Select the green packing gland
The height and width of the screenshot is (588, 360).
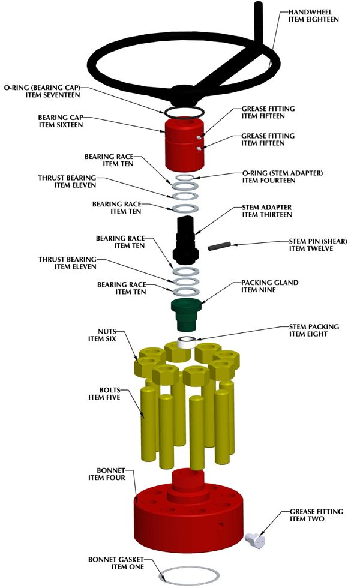click(x=186, y=315)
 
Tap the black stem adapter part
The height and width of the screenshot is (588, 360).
click(x=185, y=240)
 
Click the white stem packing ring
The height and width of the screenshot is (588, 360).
click(x=187, y=343)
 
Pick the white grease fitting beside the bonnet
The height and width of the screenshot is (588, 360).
click(x=255, y=539)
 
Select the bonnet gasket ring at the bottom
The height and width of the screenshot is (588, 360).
click(x=189, y=575)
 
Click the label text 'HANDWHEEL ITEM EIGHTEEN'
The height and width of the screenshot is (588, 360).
click(x=313, y=16)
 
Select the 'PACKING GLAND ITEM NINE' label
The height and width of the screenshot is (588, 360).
click(x=269, y=286)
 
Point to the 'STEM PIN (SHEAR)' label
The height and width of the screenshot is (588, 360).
click(x=318, y=241)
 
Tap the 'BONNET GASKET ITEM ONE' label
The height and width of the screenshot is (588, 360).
click(x=116, y=563)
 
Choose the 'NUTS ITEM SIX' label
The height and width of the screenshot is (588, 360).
click(x=102, y=335)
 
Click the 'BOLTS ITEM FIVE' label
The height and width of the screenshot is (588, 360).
click(x=104, y=394)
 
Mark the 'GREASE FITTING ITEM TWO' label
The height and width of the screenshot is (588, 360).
click(x=317, y=515)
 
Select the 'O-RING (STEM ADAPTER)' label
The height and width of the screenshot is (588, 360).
click(x=283, y=173)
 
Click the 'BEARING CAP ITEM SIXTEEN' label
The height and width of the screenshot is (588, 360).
click(x=61, y=121)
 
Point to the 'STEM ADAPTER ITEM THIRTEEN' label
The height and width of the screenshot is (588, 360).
click(x=266, y=211)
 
